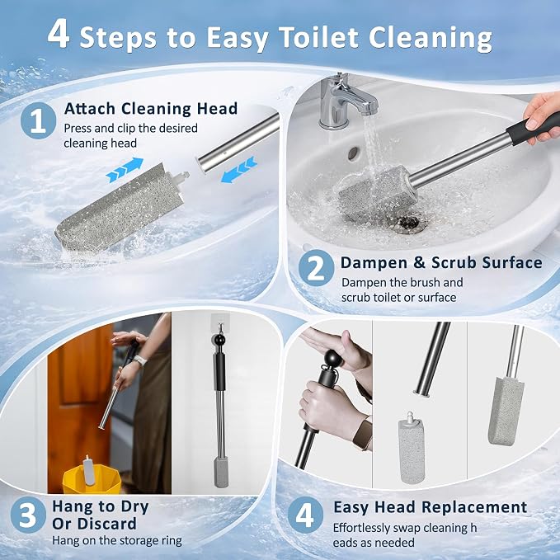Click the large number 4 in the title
pos(59,34)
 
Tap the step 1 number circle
pos(38,120)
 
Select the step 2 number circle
pos(316,268)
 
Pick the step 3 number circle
pos(28,515)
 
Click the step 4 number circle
pos(305,515)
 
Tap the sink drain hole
pos(407,223)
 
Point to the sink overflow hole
pos(353,153)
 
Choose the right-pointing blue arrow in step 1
pos(125,171)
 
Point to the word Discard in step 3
pos(94,524)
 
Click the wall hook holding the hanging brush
pos(219,324)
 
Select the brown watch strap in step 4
pos(362,433)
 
